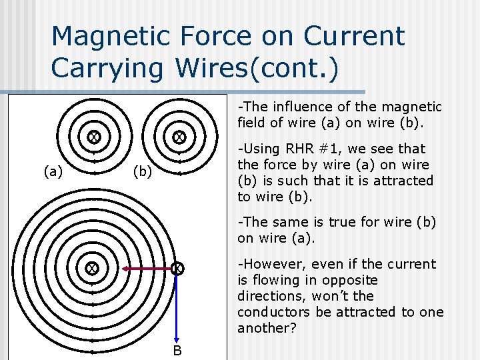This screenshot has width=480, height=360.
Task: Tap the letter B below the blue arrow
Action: click(177, 351)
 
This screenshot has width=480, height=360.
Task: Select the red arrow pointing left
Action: click(147, 269)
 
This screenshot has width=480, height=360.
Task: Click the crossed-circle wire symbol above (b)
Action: click(179, 137)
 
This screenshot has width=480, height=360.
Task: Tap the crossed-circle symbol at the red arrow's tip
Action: click(91, 269)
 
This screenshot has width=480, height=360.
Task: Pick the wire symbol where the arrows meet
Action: click(177, 269)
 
